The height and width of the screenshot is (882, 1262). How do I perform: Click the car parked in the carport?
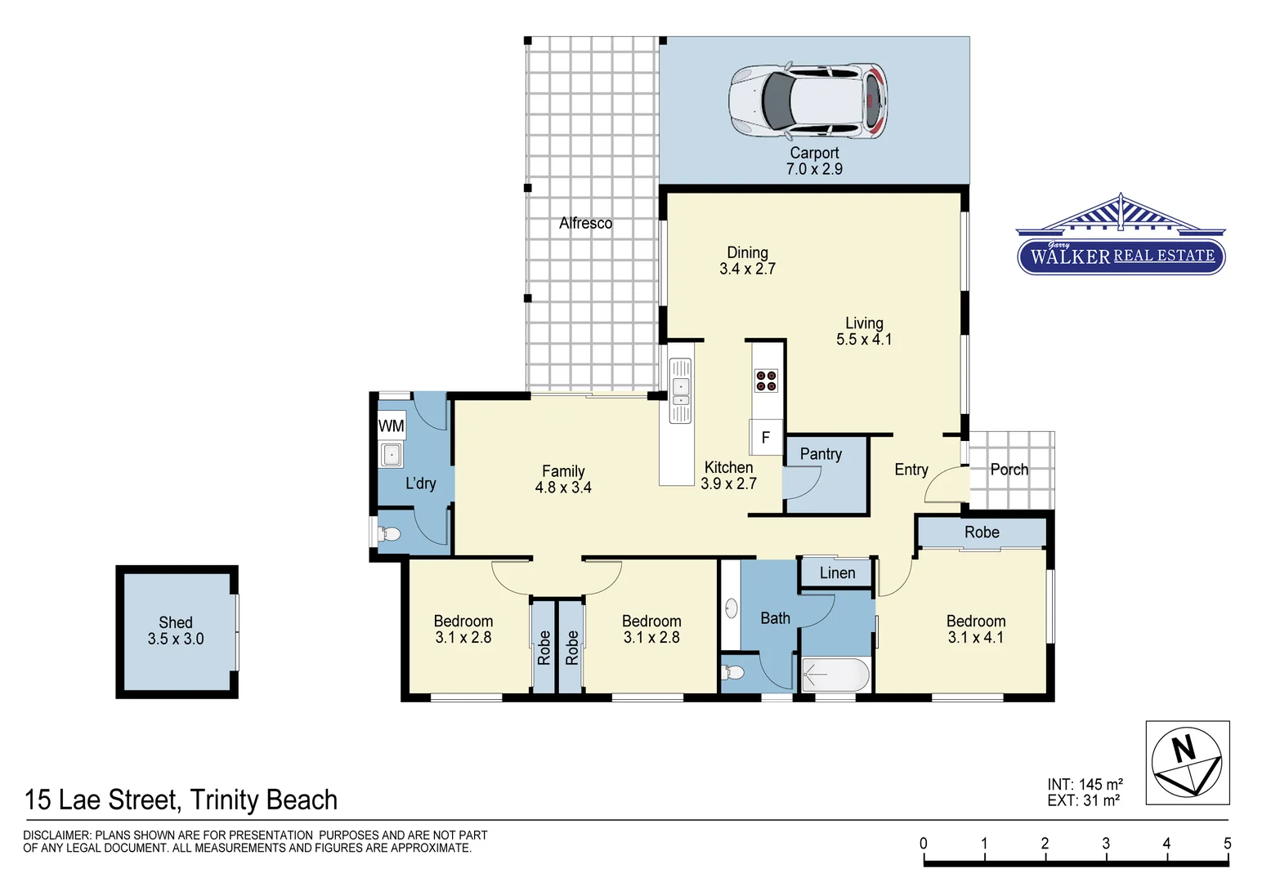808,100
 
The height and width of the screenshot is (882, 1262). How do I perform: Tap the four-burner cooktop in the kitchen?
766,381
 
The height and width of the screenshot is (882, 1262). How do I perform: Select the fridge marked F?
765,438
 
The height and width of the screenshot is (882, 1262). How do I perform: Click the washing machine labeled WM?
392,425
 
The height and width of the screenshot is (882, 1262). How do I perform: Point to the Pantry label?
821,454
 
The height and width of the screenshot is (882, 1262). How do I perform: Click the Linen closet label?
837,573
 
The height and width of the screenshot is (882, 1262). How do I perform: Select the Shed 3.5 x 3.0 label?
176,630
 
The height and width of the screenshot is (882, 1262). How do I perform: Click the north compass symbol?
1187,763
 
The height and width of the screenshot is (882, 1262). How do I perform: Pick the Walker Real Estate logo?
1121,237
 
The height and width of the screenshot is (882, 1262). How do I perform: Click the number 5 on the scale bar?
1226,844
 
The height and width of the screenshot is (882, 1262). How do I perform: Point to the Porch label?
1009,470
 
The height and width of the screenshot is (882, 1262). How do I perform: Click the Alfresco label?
585,223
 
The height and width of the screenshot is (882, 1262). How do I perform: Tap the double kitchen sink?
680,392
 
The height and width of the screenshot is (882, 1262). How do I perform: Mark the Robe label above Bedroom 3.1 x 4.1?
982,532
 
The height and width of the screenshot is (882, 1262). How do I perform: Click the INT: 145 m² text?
1085,784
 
